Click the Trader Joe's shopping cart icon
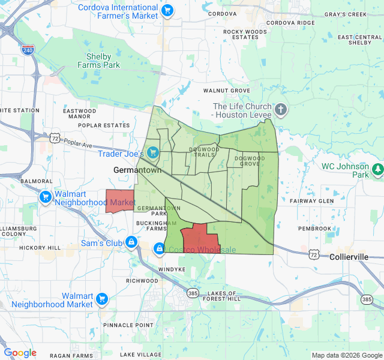pos(153,152)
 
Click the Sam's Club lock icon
pos(131,243)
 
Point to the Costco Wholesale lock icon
pos(159,248)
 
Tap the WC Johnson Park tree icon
pos(377,170)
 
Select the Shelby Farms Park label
pos(99,61)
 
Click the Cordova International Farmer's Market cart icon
pos(167,11)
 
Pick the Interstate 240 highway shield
pos(28,50)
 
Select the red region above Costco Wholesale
pos(198,239)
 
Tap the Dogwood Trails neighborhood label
pos(205,152)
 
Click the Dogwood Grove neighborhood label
pos(249,161)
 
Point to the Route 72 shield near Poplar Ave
pos(55,138)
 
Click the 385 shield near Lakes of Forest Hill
pos(192,293)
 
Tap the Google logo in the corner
pos(20,353)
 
